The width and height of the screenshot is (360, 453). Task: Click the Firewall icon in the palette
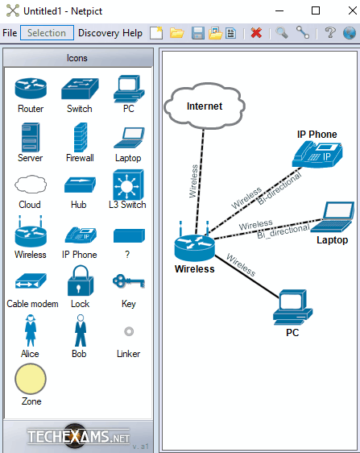tap(81, 137)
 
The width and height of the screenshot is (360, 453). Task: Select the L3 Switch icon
tap(128, 185)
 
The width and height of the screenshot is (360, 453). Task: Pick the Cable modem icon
tap(31, 281)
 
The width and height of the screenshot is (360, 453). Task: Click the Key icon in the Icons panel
tap(129, 281)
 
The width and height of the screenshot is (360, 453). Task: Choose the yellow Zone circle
tap(31, 379)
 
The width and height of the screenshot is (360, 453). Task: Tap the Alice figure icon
tap(31, 330)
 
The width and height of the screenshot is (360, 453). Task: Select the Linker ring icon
tap(129, 331)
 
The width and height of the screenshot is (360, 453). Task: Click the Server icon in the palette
tap(31, 137)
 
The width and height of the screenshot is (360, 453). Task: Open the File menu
tap(10, 33)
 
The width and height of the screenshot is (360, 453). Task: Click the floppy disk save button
tap(198, 33)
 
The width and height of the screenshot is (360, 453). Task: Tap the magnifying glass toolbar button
tap(282, 32)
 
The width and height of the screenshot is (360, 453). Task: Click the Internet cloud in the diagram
tap(205, 106)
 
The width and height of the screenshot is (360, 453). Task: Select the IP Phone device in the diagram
tap(317, 154)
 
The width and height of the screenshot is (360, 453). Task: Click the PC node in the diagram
tap(292, 307)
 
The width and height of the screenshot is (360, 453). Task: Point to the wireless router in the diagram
tap(195, 242)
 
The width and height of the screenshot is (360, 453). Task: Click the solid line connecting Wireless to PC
tap(247, 276)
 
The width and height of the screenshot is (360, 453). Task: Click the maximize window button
tap(316, 10)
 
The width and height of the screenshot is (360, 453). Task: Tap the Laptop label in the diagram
tap(332, 239)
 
